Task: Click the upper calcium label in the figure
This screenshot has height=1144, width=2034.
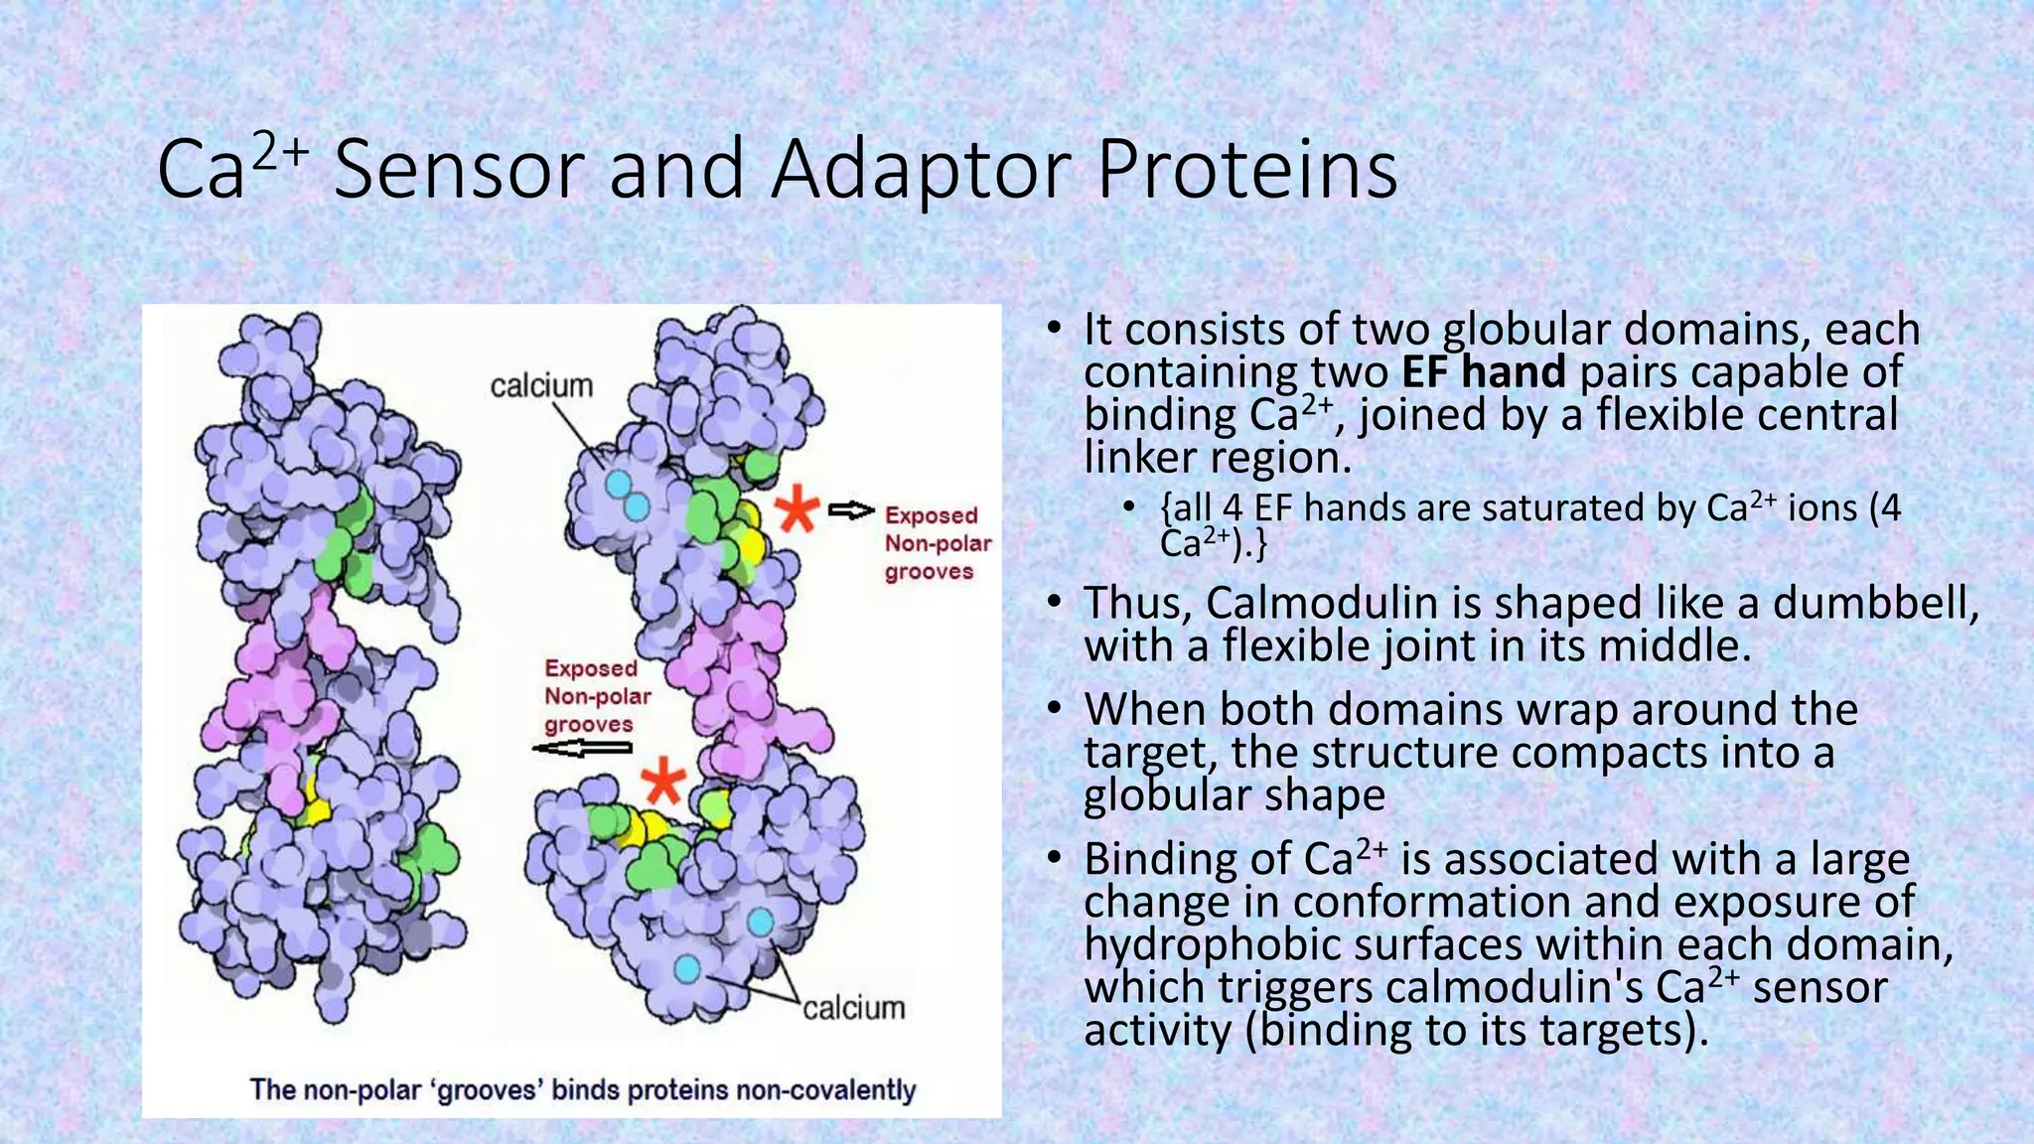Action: pos(541,386)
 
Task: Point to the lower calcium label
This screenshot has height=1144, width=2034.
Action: pos(854,1009)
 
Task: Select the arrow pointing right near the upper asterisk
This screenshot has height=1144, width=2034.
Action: pos(851,510)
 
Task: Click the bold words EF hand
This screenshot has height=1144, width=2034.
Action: pos(1484,372)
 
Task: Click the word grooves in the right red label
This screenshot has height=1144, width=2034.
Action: pos(929,572)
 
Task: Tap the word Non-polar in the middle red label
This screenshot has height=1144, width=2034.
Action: pos(598,696)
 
